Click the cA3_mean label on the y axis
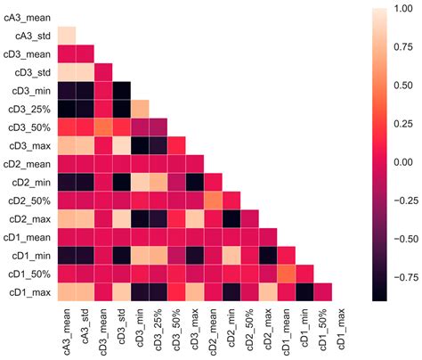pos(27,17)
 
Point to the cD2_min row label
pos(29,181)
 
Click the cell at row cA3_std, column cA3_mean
pos(67,36)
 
